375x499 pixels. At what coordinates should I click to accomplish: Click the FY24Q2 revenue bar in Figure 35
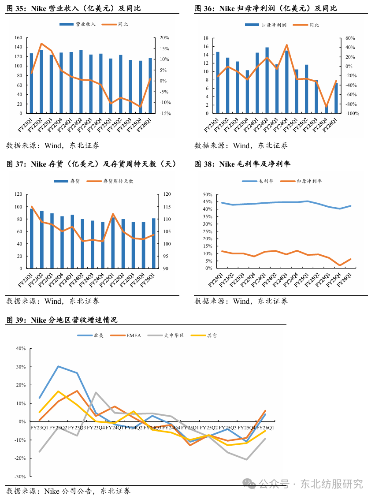(81, 82)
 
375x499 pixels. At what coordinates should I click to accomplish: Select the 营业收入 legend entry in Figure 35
(78, 24)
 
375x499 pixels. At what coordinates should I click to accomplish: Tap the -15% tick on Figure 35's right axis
(165, 113)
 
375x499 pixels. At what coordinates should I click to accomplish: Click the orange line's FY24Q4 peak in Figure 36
(287, 45)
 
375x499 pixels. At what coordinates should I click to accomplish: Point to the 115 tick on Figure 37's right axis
(167, 207)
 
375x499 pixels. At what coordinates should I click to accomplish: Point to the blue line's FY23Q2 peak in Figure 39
(58, 366)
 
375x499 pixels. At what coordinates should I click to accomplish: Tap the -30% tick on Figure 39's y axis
(20, 477)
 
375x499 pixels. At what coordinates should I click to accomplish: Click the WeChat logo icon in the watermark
(250, 484)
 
